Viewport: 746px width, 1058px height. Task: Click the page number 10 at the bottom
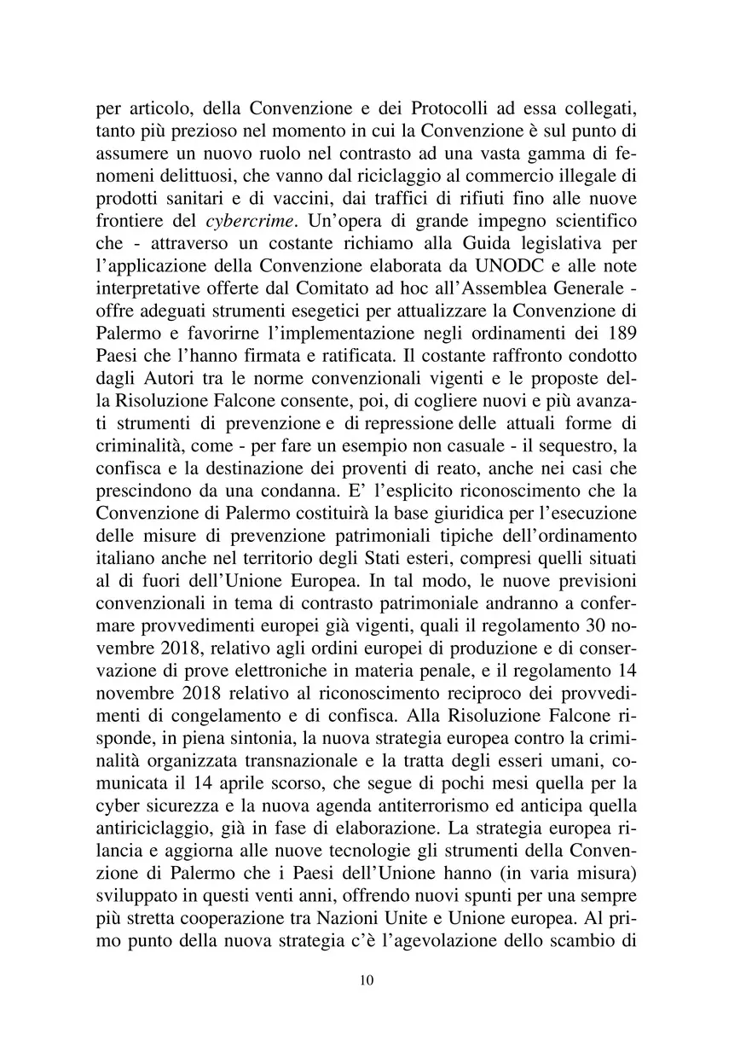[367, 980]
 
